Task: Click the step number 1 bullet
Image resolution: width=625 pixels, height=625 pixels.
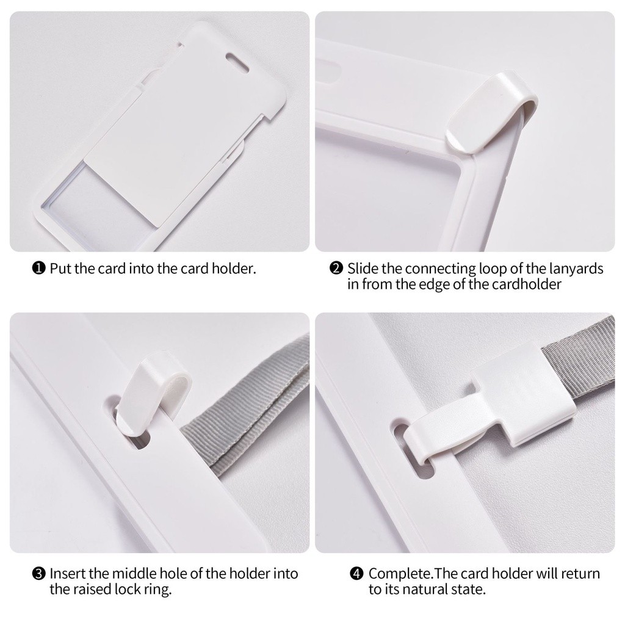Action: [38, 269]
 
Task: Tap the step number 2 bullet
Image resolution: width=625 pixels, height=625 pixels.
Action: [336, 269]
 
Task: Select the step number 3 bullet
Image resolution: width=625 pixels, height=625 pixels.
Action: [38, 574]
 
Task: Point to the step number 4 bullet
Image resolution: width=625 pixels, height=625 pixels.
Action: [356, 574]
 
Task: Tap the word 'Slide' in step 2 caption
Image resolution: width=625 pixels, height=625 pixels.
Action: [363, 269]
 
